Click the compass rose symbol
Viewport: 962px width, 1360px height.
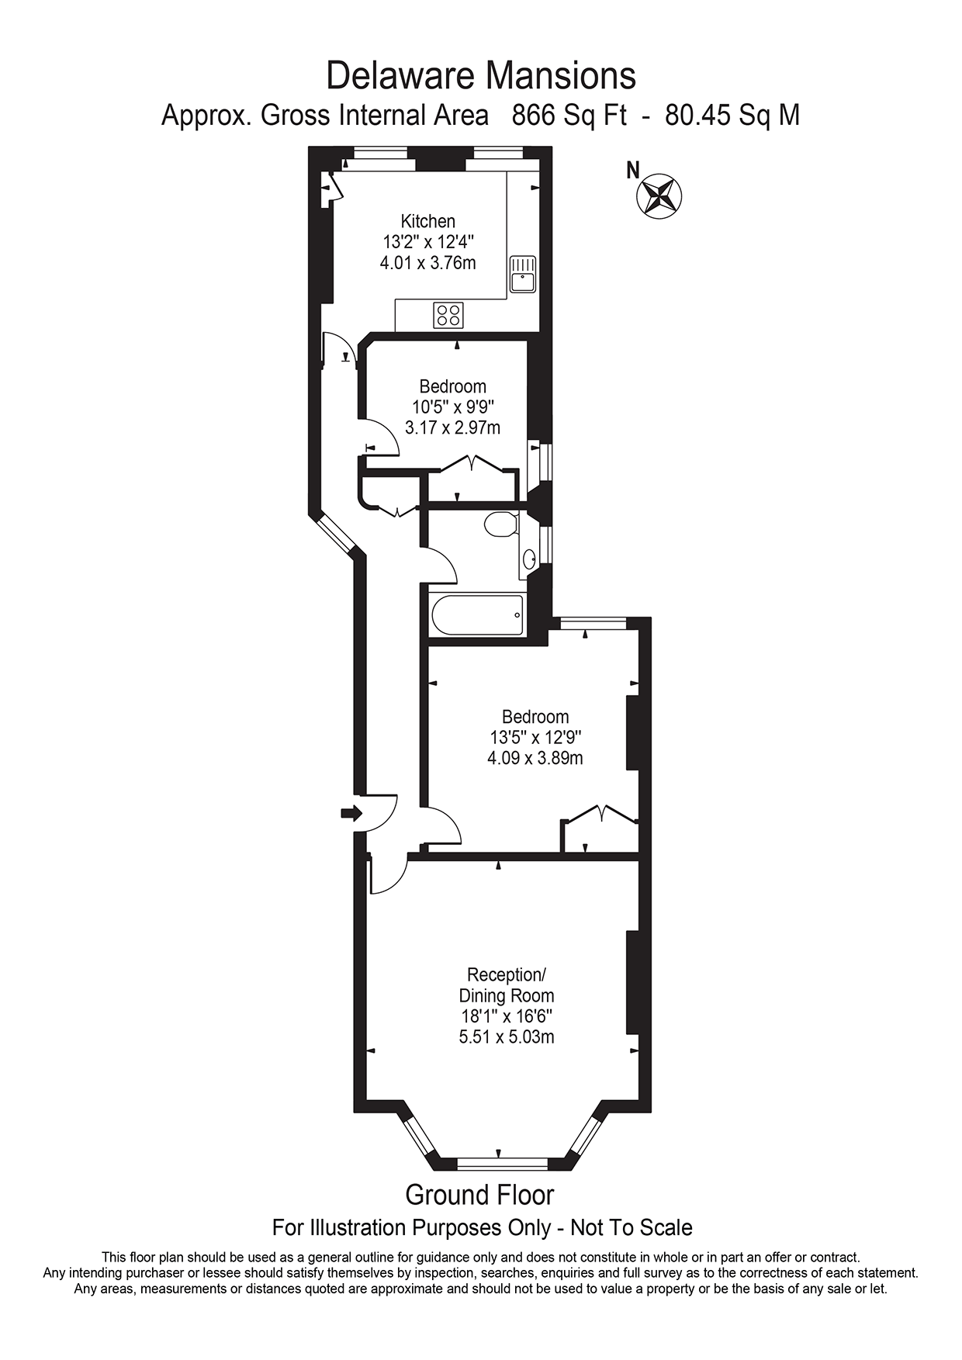coord(659,196)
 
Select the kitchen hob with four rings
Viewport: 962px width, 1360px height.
coord(449,314)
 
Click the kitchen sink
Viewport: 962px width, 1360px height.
coord(523,274)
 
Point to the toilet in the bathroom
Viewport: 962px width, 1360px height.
coord(500,525)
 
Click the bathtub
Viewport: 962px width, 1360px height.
coord(477,615)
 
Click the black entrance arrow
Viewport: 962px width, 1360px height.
coord(351,813)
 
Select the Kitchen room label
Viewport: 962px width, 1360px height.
coord(427,221)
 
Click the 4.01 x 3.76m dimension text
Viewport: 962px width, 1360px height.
coord(427,263)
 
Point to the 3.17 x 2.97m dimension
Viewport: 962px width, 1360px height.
coord(452,427)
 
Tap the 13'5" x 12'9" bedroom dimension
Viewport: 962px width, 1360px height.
coord(535,737)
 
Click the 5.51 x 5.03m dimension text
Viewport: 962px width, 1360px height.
coord(507,1037)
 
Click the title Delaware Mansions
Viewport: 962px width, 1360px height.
coord(481,76)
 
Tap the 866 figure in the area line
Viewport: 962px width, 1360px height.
coord(535,116)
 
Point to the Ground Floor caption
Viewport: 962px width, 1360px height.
coord(479,1195)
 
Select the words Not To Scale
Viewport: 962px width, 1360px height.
coord(631,1228)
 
